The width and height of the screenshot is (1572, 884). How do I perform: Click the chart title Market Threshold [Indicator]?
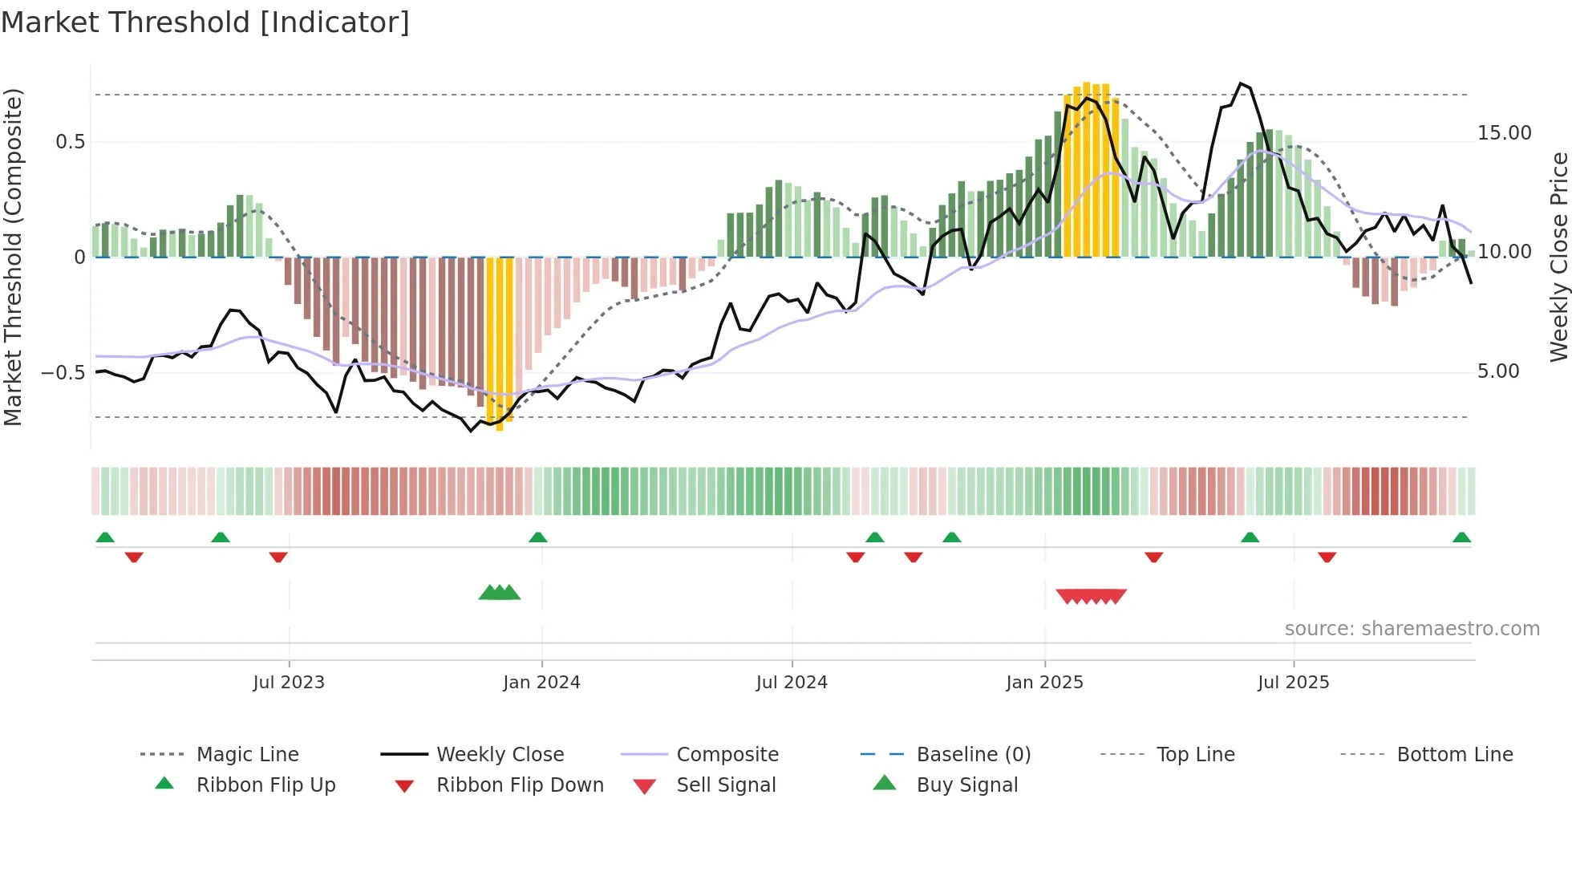(x=205, y=22)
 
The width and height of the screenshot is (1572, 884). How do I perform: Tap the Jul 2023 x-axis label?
(x=289, y=683)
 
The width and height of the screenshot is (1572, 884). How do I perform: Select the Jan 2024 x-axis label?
(x=541, y=683)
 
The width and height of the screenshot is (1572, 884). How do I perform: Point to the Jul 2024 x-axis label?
(x=792, y=683)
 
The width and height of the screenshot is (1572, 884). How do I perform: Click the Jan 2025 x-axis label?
(x=1044, y=683)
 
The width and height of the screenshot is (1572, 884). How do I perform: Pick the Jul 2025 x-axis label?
(x=1293, y=683)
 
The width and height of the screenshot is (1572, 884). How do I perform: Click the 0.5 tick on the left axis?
(x=71, y=142)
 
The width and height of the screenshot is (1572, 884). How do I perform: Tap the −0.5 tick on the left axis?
(x=63, y=373)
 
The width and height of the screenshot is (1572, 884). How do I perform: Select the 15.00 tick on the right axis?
(x=1504, y=133)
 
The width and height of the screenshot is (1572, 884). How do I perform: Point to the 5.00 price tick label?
(x=1498, y=371)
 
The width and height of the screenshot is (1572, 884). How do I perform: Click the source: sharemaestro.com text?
(x=1412, y=629)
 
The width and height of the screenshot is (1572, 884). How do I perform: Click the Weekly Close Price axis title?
(x=1558, y=257)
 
